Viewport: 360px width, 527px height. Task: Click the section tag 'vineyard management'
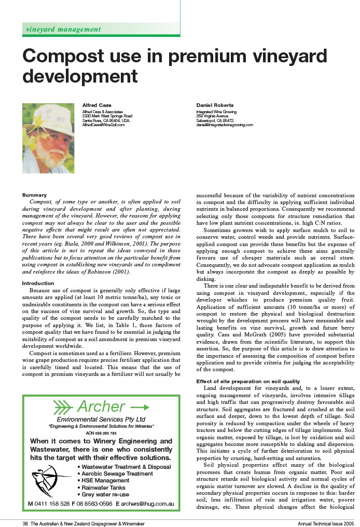click(63, 29)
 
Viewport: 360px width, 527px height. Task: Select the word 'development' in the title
click(80, 76)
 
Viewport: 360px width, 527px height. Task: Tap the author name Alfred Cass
click(97, 105)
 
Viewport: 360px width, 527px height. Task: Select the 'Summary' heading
click(34, 195)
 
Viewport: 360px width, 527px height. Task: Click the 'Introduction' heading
click(38, 283)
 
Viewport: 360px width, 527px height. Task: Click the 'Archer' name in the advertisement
click(101, 407)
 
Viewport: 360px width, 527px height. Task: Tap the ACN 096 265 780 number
click(101, 433)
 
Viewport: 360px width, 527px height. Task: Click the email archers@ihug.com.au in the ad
click(145, 504)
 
